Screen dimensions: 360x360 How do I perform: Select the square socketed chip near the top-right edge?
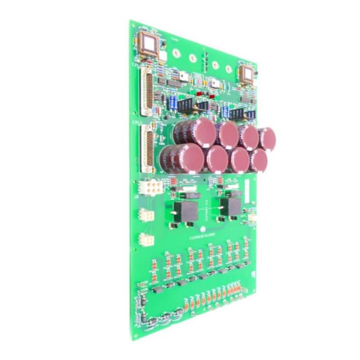click(247, 73)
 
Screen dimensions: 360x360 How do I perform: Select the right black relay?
click(233, 207)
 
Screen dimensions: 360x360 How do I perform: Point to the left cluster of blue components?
click(172, 103)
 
